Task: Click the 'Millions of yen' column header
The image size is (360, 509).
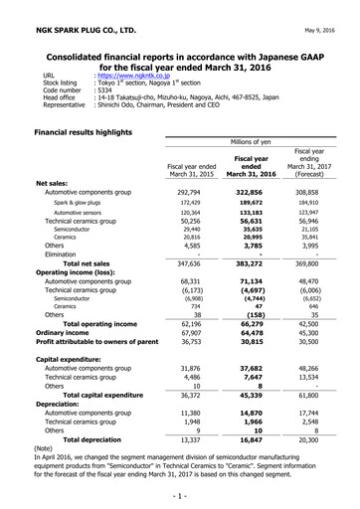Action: coord(260,143)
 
